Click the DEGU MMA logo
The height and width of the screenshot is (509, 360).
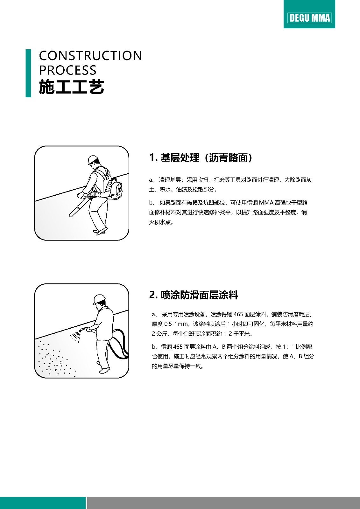309,18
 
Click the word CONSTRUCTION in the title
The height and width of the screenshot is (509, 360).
90,56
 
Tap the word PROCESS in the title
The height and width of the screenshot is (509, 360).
68,70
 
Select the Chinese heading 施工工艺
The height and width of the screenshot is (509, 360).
71,87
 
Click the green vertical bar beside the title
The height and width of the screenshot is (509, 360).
28,73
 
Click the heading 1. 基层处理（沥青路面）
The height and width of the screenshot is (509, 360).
201,157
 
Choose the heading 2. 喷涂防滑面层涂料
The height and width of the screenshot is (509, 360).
194,295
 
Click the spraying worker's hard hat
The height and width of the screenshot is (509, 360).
99,299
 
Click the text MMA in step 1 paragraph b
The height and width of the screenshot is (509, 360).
266,202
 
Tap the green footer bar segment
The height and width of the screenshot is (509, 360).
43,503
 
